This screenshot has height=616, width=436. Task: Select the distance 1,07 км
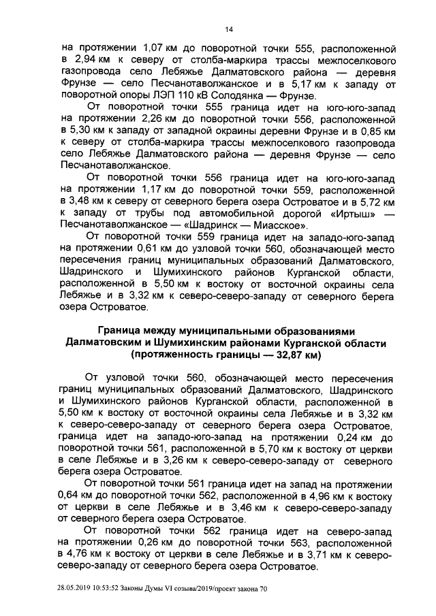click(x=157, y=49)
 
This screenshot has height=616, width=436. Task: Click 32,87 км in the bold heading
click(x=285, y=356)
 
